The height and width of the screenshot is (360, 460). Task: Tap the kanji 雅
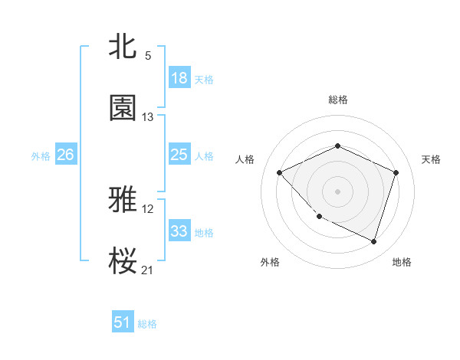click(123, 200)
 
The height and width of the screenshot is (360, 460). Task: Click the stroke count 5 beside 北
click(148, 57)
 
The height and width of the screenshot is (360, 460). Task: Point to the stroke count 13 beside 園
click(148, 117)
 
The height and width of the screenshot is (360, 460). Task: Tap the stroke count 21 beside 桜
click(148, 270)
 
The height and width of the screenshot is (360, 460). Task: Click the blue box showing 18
click(179, 78)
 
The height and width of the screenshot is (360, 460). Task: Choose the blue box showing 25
click(179, 155)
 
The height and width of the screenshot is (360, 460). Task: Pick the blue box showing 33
click(179, 231)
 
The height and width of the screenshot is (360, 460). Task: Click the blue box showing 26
click(65, 155)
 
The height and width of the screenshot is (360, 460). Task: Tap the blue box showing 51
click(123, 322)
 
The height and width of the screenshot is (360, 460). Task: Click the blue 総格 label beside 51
click(147, 324)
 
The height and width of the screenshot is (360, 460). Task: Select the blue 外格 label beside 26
click(41, 156)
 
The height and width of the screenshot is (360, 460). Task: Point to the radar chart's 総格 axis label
click(337, 100)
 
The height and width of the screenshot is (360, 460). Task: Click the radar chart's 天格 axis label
click(431, 159)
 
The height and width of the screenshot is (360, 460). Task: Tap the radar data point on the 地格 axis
click(373, 242)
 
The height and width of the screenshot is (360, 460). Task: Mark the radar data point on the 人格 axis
click(280, 173)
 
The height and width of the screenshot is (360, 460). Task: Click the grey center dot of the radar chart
click(337, 191)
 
